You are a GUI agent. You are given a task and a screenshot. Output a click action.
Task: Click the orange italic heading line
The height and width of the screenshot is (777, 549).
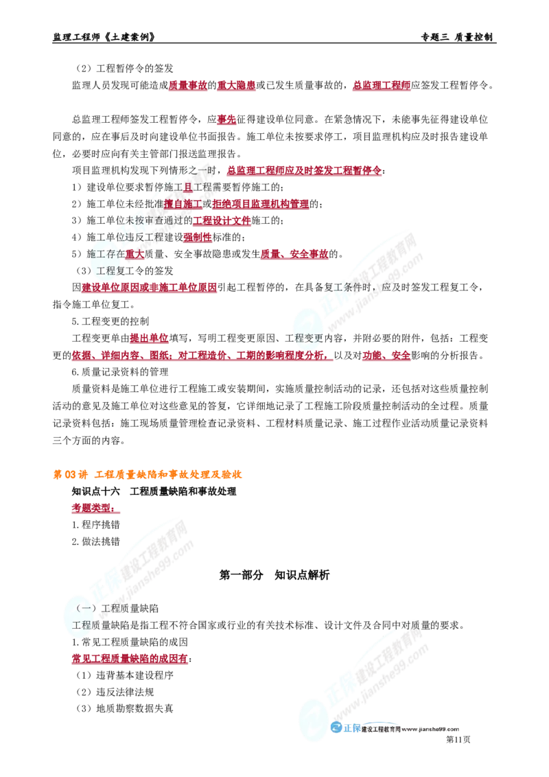pyautogui.click(x=148, y=474)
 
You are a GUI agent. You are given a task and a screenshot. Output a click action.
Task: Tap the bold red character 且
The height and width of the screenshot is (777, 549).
pyautogui.click(x=187, y=187)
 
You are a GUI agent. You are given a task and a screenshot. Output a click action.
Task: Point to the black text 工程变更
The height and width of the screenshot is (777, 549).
pyautogui.click(x=308, y=337)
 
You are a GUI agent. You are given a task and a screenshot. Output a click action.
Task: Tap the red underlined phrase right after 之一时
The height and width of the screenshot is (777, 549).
pyautogui.click(x=304, y=170)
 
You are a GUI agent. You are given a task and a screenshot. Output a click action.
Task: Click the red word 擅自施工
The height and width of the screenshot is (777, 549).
pyautogui.click(x=183, y=204)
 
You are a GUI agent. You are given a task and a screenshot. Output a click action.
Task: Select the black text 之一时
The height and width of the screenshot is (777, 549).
pyautogui.click(x=200, y=170)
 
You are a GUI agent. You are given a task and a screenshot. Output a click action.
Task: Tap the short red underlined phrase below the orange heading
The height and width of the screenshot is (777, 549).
pyautogui.click(x=93, y=509)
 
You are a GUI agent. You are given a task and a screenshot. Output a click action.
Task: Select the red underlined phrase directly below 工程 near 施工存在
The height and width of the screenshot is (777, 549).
pyautogui.click(x=149, y=288)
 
